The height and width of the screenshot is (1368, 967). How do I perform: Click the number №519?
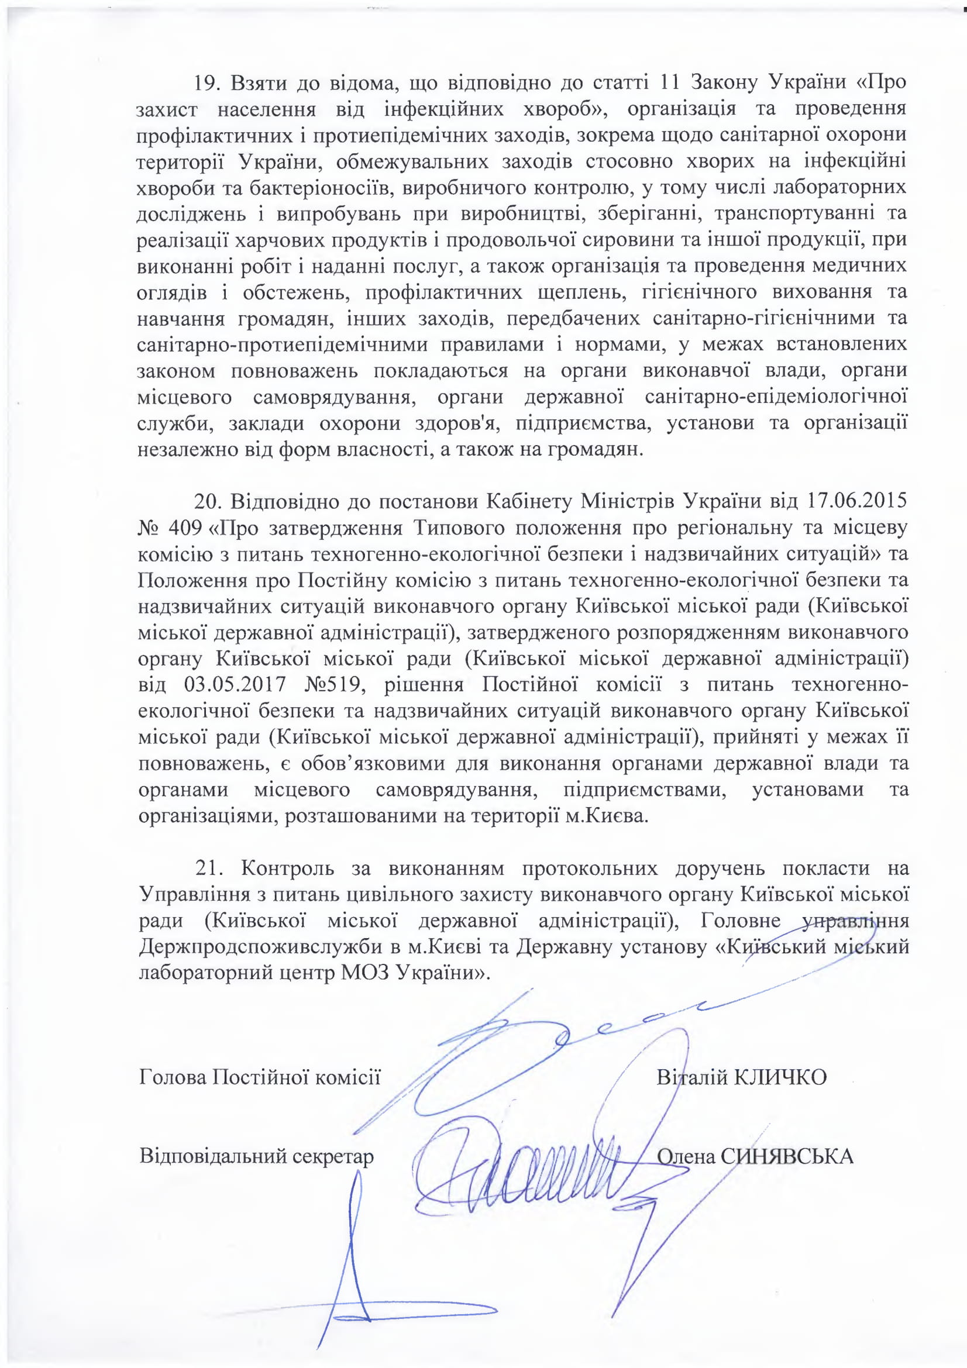pos(333,685)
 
